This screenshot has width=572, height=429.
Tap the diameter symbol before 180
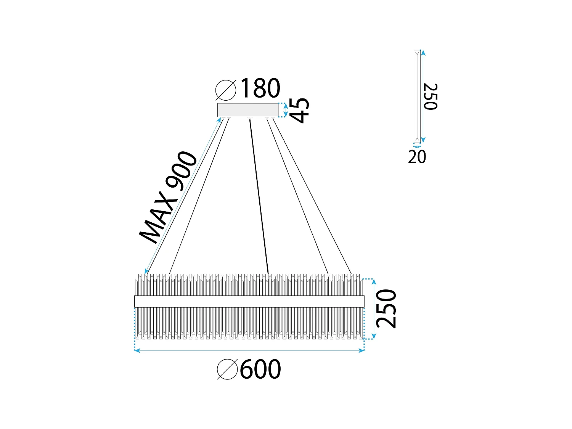pyautogui.click(x=226, y=90)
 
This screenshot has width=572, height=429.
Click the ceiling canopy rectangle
pyautogui.click(x=248, y=110)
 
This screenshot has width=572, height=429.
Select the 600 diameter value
pyautogui.click(x=260, y=369)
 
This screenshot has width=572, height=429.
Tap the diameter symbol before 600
pyautogui.click(x=227, y=369)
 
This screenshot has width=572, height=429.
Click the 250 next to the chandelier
pyautogui.click(x=386, y=309)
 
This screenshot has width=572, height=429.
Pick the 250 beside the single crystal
pyautogui.click(x=430, y=96)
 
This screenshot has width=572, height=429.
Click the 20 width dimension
pyautogui.click(x=417, y=157)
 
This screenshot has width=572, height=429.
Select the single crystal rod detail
pyautogui.click(x=417, y=96)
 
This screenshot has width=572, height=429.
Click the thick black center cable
pyautogui.click(x=259, y=196)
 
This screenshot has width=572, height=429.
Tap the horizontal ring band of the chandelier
pyautogui.click(x=249, y=301)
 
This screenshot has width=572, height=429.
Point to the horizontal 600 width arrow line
pyautogui.click(x=249, y=350)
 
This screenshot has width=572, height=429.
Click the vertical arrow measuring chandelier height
pyautogui.click(x=374, y=309)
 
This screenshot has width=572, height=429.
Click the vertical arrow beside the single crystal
pyautogui.click(x=423, y=96)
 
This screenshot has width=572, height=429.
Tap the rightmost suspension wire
pyautogui.click(x=313, y=196)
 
